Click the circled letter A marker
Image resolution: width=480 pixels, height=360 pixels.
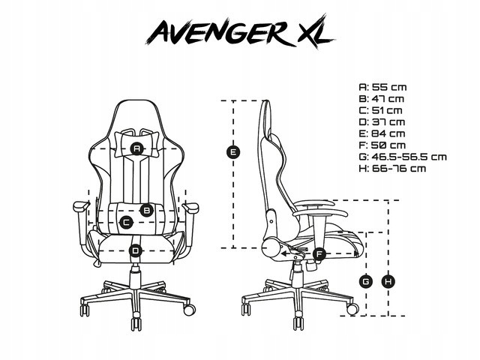coord(136,148)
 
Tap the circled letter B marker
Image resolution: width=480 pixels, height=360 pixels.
coord(146,210)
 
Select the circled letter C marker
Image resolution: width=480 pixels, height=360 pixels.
coord(126,222)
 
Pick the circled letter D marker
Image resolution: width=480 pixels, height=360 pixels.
coord(136,250)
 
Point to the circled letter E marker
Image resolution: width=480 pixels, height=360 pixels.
coord(233,152)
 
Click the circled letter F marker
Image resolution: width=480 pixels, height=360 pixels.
coord(319,253)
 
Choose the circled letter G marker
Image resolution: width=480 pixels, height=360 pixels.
coord(366,281)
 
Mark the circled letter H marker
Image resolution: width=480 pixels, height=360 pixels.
coord(388,281)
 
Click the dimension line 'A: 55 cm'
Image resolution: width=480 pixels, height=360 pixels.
coord(382,87)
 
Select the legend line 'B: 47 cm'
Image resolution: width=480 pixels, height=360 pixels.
coord(382,99)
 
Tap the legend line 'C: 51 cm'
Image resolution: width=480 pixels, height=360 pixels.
coord(380,110)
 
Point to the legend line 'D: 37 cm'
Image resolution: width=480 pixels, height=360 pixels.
coord(382,122)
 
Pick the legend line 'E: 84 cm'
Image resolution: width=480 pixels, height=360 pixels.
coord(382,133)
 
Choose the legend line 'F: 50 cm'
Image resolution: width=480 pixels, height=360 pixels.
coord(382,145)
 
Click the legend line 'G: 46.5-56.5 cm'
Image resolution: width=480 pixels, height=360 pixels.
coord(403,157)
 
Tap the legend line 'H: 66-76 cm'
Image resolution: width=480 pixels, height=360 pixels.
coord(392,168)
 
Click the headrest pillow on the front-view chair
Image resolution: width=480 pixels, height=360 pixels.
coord(136,144)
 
